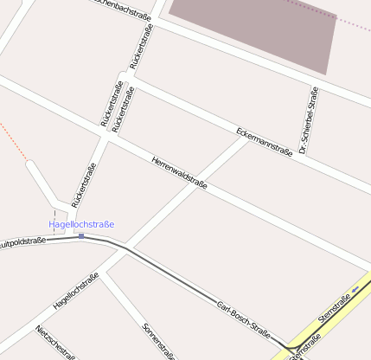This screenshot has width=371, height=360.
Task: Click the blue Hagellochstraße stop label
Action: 81,225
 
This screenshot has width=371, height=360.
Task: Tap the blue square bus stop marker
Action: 81,235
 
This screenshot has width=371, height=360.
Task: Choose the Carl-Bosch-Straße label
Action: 244,321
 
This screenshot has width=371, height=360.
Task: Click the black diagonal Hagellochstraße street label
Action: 76,290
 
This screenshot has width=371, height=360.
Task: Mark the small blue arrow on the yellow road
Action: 355,288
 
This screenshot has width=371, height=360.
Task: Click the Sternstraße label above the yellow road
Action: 334,310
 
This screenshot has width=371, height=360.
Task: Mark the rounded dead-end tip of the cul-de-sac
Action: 32,165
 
